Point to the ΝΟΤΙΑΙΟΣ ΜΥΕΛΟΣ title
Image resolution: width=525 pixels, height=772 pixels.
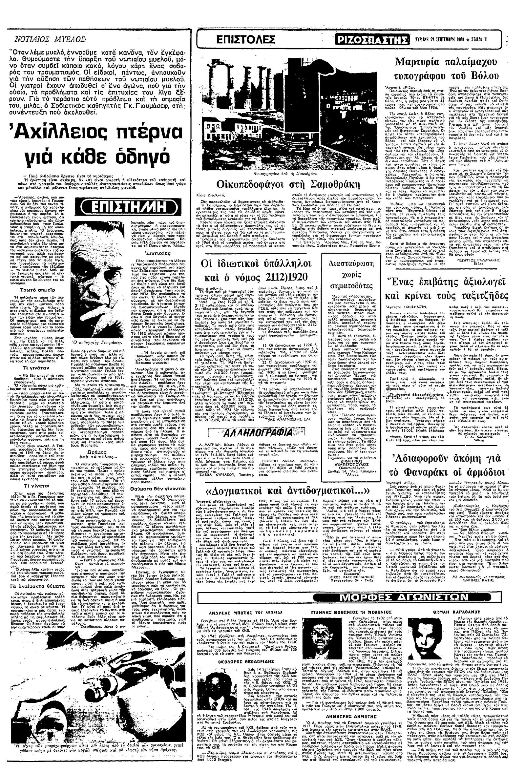point(51,39)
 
